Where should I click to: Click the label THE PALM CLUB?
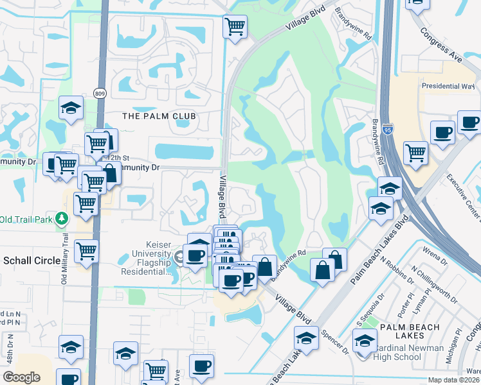(x=158, y=116)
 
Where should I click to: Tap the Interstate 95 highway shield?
(x=386, y=130)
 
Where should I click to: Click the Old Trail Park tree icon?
(x=62, y=219)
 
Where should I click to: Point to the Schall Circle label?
(x=32, y=261)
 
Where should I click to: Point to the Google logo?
(x=22, y=377)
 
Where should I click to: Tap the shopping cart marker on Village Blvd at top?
(x=235, y=27)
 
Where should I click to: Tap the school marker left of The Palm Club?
(x=71, y=108)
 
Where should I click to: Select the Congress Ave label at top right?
(x=441, y=44)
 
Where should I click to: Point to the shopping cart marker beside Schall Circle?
(x=86, y=252)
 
